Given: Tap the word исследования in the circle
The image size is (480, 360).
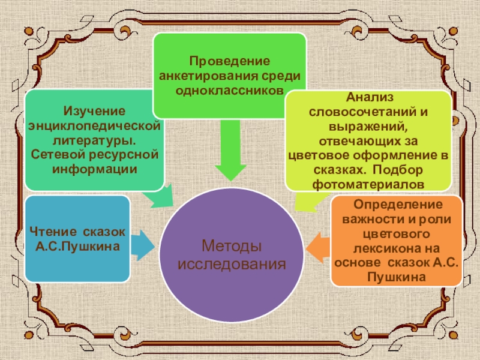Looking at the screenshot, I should [x=232, y=263].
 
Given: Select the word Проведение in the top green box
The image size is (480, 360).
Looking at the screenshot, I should [x=230, y=61].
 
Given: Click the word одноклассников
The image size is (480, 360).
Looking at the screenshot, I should [x=230, y=90].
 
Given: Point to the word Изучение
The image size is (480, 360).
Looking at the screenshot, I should [x=94, y=112].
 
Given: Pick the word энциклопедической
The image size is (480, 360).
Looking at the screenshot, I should [x=94, y=126].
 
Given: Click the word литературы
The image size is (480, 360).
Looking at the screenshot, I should [x=93, y=140].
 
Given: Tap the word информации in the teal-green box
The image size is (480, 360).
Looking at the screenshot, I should [x=94, y=169].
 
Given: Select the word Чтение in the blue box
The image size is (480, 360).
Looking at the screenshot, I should [x=53, y=232].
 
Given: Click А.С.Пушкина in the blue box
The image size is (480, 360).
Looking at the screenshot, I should [x=77, y=246].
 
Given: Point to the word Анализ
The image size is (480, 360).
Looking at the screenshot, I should [x=367, y=97].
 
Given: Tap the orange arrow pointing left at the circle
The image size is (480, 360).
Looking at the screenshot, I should [x=318, y=246].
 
